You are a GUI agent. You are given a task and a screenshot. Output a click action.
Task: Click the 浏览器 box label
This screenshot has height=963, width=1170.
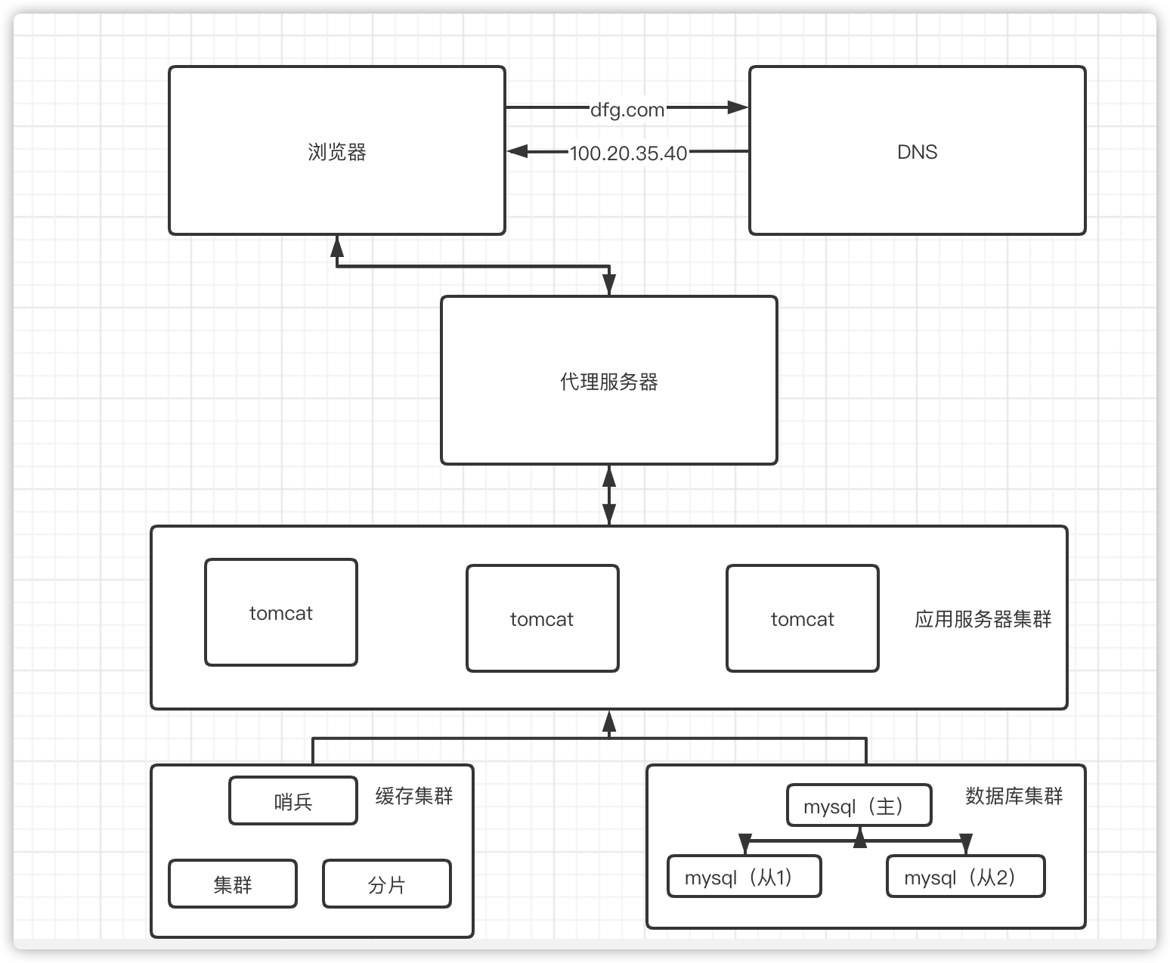[x=337, y=152]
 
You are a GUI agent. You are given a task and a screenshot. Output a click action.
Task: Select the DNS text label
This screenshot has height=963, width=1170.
[x=917, y=152]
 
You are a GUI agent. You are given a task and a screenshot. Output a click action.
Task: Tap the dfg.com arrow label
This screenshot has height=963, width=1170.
[x=627, y=110]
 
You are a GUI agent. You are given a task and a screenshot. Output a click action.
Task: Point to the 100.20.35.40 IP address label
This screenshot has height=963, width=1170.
[x=628, y=153]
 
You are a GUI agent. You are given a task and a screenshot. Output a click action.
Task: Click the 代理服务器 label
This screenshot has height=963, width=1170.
[x=608, y=382]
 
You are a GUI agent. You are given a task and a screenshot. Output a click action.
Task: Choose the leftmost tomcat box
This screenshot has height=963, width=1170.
[x=280, y=613]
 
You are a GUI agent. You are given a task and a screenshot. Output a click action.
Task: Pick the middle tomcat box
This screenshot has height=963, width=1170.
[x=542, y=619]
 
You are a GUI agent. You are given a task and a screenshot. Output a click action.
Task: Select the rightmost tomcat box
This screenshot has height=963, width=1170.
[x=802, y=619]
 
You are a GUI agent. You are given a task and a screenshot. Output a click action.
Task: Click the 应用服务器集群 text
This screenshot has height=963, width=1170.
[x=983, y=620]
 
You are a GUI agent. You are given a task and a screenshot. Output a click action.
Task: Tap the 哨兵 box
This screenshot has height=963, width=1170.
[x=292, y=801]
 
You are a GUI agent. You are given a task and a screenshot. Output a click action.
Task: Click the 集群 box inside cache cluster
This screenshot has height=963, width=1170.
[x=232, y=884]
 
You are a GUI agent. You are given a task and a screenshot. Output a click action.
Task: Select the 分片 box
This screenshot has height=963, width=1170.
[x=386, y=884]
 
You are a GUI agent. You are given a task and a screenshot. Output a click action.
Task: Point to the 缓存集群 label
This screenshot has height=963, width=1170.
[x=414, y=796]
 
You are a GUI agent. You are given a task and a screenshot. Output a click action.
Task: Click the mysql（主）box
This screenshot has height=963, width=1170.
[x=859, y=807]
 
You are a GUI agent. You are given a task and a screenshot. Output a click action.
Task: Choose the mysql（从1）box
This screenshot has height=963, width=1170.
[x=744, y=877]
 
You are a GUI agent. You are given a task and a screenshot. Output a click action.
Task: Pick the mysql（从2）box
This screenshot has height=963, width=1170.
[x=965, y=877]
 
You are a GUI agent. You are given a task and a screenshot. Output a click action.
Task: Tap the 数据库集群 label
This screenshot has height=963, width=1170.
[x=1014, y=796]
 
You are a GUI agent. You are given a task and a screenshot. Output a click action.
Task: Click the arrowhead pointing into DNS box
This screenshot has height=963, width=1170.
[x=738, y=107]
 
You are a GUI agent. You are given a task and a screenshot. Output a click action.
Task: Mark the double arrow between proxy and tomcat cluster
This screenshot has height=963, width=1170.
[x=609, y=495]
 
